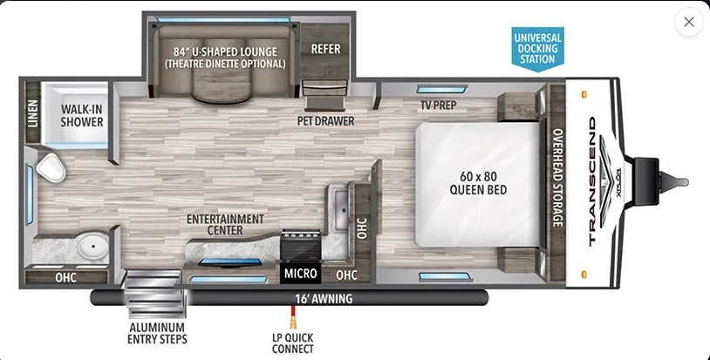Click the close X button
pos(689,22)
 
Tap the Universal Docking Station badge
pos(537,49)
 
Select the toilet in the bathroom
pos(51,167)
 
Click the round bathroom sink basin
pos(92,247)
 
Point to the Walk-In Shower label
pos(82,115)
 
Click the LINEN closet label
pos(33,113)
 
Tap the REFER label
pos(325,49)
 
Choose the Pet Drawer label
pos(325,121)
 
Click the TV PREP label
pos(439,105)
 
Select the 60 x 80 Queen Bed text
pos(478,183)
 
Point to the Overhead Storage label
pos(557,178)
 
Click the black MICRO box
pos(300,273)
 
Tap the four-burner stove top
pos(301,243)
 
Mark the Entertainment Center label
pos(225,224)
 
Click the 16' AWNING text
pos(324,298)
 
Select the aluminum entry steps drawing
pos(156,293)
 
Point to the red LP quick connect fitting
pos(293,317)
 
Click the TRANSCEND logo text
pos(592,181)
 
